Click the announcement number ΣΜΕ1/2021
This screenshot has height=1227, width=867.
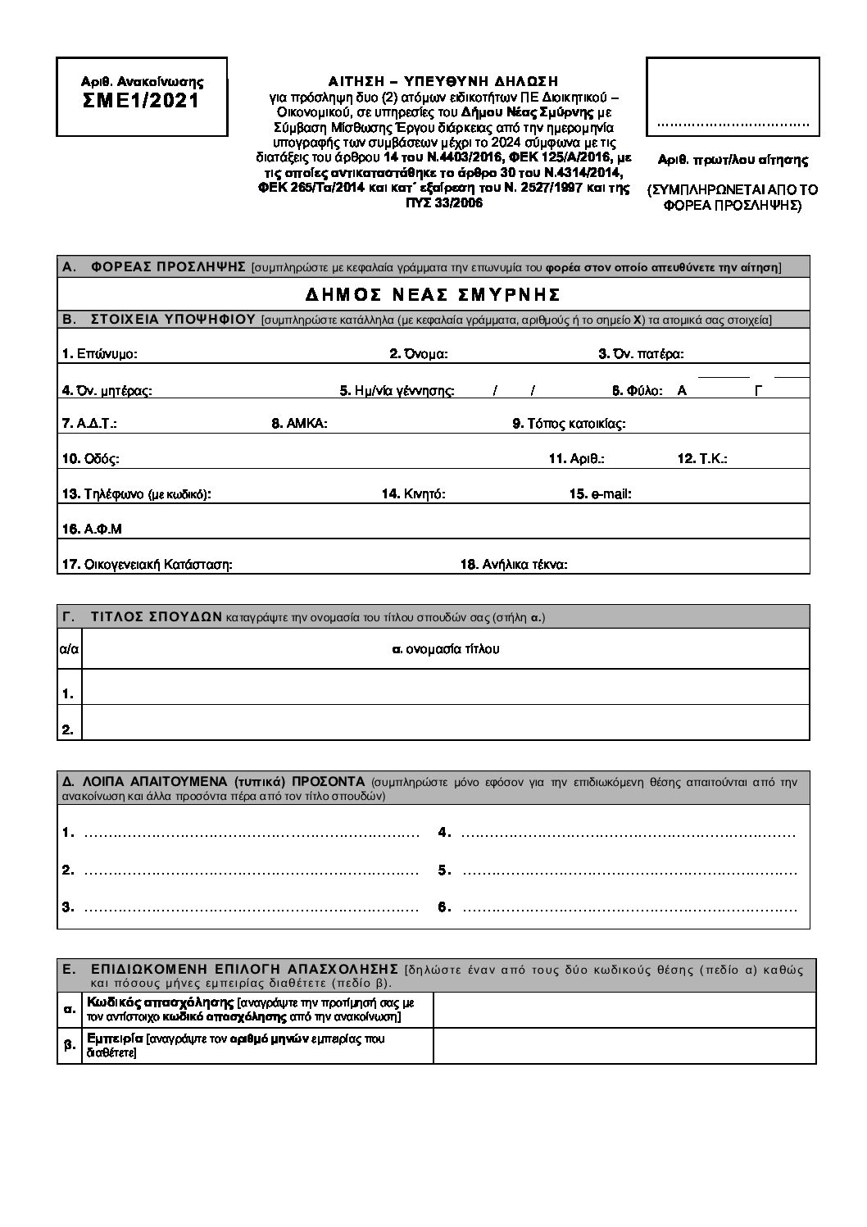pos(142,102)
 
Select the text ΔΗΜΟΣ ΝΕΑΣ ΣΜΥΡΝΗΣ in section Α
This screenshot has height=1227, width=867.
pos(433,294)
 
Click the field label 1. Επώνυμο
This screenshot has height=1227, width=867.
pos(99,354)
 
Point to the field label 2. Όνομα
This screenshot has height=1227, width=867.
pos(418,354)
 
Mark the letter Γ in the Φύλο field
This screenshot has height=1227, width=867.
pos(758,390)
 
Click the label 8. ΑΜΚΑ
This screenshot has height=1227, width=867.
pos(299,424)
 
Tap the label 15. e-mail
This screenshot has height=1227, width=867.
pos(600,494)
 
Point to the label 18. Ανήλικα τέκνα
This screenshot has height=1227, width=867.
pos(514,564)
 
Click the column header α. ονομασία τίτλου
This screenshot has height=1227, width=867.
pos(446,649)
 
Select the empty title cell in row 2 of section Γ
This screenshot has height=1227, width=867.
pos(446,722)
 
